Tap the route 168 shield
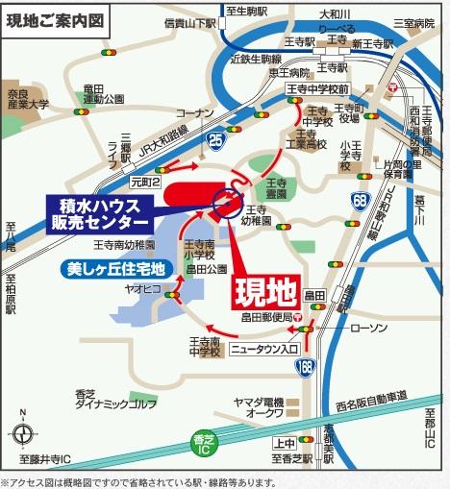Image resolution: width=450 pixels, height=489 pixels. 306,366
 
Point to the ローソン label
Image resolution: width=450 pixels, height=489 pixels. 368,329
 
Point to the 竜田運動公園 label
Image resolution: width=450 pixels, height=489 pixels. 104,92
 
